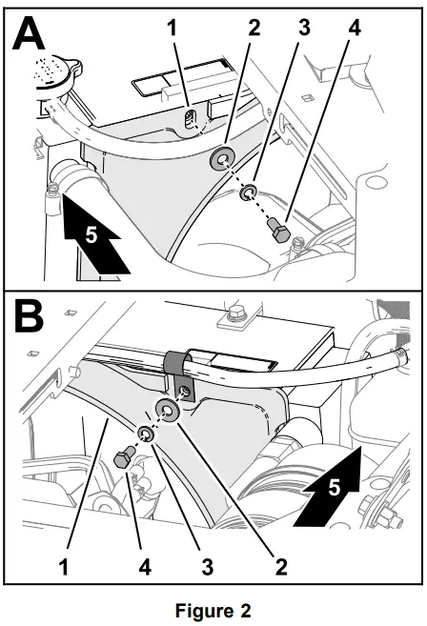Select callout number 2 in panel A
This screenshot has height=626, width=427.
tap(254, 30)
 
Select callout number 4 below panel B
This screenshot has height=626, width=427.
tap(145, 567)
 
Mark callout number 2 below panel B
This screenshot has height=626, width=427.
tap(280, 567)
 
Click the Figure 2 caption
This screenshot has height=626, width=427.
tap(213, 610)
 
